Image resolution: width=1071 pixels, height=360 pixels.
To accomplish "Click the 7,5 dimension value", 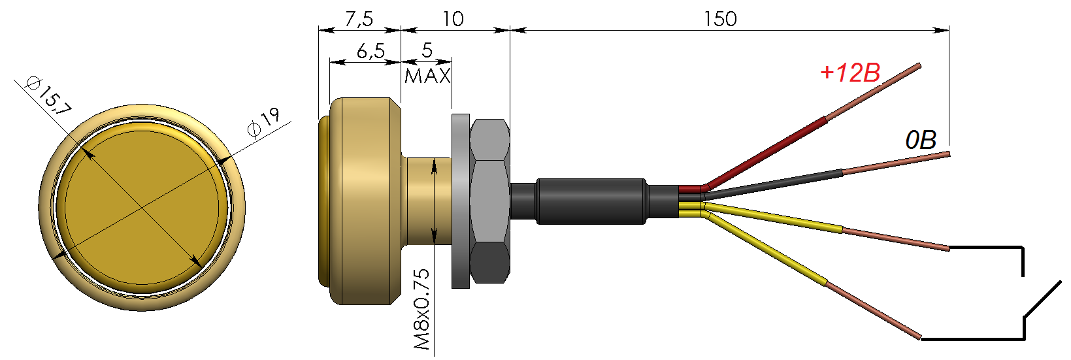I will tap(359, 19).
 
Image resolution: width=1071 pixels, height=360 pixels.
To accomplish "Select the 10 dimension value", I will tap(453, 19).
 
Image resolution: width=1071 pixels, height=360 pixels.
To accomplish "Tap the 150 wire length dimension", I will tap(720, 19).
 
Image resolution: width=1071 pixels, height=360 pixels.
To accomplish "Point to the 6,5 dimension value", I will tap(371, 51).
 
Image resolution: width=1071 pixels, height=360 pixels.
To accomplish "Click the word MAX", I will tap(428, 76).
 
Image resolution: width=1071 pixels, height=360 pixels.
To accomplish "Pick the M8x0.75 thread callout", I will tap(423, 308).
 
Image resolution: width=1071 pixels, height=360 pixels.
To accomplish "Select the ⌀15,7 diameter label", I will tap(48, 95).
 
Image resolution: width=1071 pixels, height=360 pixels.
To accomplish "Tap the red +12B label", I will tap(850, 73).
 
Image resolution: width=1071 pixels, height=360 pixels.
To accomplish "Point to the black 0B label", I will tap(921, 140).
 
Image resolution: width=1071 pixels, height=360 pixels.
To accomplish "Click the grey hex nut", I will tap(489, 201).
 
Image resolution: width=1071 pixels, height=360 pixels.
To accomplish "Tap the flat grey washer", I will tap(460, 201).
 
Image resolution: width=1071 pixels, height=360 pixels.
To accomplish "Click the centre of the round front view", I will tap(142, 208).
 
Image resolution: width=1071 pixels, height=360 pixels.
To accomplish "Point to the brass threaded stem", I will tap(428, 201).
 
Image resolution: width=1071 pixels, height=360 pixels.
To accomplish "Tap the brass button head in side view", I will tap(363, 201).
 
